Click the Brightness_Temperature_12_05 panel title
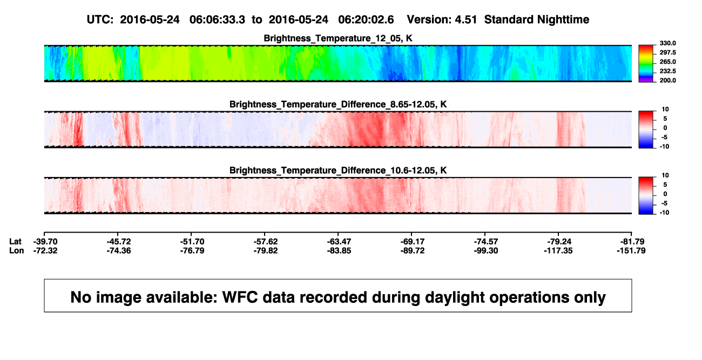(x=338, y=38)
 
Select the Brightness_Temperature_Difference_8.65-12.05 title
(x=338, y=104)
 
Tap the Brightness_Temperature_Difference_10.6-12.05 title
(x=338, y=171)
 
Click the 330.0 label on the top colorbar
(x=667, y=43)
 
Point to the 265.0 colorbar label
(x=667, y=62)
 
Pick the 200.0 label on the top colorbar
(x=667, y=80)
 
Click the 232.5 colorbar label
(x=667, y=71)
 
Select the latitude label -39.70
(x=45, y=242)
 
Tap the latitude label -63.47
(x=339, y=242)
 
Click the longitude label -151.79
(x=631, y=250)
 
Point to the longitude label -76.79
(x=192, y=250)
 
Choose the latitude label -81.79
(x=632, y=242)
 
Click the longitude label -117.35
(x=558, y=250)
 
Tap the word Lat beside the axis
(x=15, y=242)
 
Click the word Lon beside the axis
(x=17, y=250)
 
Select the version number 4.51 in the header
(x=465, y=19)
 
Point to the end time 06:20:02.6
(x=366, y=19)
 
